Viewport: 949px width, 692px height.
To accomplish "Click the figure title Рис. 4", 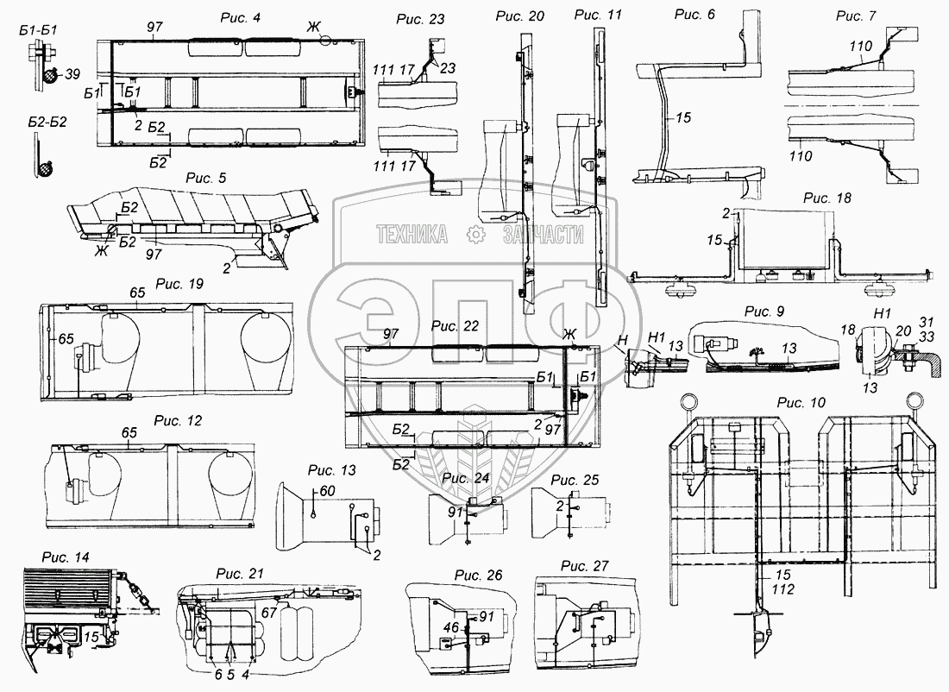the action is tap(241, 17).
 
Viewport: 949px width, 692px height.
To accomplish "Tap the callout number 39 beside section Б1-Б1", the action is tap(72, 74).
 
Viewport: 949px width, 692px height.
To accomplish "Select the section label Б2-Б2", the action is tap(47, 122).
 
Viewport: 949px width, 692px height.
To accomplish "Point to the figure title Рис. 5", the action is tap(206, 178).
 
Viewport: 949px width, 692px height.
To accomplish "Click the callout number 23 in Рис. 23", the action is tap(448, 68).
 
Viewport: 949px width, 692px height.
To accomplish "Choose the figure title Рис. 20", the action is tap(520, 16).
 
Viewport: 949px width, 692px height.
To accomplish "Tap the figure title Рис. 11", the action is tap(598, 15).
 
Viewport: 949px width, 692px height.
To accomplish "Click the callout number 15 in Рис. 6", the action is tap(682, 117).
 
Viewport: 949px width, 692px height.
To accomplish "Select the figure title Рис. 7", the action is tap(856, 16).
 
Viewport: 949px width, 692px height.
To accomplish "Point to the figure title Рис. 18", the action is tap(827, 198).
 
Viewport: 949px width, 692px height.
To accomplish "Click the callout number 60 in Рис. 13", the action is tap(327, 490).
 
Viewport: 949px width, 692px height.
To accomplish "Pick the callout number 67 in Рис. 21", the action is tap(268, 613).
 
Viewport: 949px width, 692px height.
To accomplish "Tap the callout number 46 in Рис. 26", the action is tap(451, 628).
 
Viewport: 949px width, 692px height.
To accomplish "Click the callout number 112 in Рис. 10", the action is tap(783, 589).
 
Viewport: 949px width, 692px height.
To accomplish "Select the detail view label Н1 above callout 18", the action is tap(883, 313).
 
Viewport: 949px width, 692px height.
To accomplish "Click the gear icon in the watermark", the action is tap(476, 235).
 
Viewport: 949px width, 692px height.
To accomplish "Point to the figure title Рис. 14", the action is tap(66, 557).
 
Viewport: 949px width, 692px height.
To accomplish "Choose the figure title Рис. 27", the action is tap(584, 566).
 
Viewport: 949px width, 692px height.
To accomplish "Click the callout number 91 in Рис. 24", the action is tap(456, 512).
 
